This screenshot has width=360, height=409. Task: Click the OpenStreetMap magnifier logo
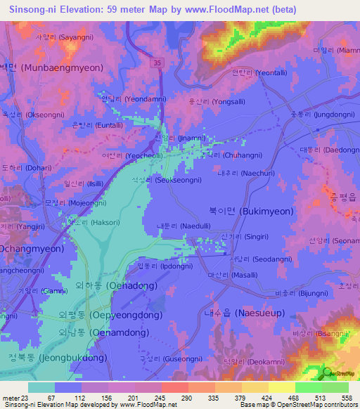pos(326,373)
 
